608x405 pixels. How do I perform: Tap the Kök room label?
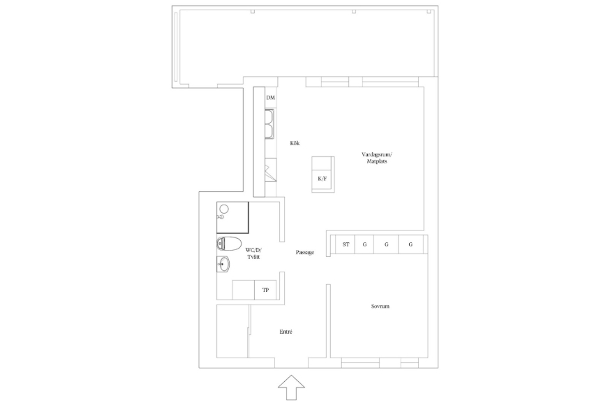(x=295, y=143)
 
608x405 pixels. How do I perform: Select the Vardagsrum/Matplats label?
(x=377, y=158)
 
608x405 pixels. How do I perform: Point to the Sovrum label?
(x=380, y=306)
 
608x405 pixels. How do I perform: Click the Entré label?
(x=286, y=332)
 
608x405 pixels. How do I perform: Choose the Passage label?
(x=305, y=252)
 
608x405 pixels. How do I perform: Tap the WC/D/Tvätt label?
(x=253, y=253)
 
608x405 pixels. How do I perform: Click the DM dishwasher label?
(x=271, y=97)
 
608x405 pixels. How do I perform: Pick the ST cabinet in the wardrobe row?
(x=345, y=244)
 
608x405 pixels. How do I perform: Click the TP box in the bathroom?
(x=265, y=290)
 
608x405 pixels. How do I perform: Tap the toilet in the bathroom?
(x=229, y=243)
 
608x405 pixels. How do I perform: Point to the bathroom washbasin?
(x=223, y=265)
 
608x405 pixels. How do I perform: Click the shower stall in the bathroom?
(x=232, y=217)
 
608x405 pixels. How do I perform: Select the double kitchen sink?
(x=269, y=124)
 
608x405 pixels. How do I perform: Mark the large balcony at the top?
(x=305, y=47)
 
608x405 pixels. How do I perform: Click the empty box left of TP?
(x=243, y=290)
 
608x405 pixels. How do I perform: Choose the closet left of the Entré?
(x=232, y=331)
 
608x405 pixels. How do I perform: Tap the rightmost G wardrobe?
(x=410, y=244)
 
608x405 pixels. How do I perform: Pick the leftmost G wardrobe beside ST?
(x=364, y=244)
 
